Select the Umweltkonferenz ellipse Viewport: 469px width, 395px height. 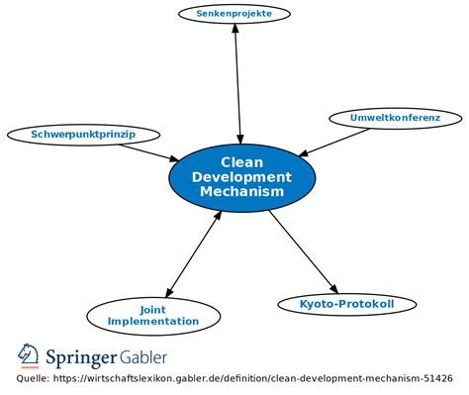pos(395,118)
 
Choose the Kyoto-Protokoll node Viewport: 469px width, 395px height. pos(346,304)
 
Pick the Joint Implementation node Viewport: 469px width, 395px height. pos(153,315)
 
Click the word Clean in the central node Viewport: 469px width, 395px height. pos(241,161)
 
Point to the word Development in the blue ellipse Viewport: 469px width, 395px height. pos(241,176)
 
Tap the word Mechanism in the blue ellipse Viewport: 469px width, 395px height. pos(241,191)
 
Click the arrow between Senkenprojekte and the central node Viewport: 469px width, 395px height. pos(237,84)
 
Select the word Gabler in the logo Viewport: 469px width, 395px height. pos(143,355)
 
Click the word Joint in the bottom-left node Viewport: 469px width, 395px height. pos(153,308)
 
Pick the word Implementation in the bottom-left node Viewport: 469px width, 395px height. pos(153,322)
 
